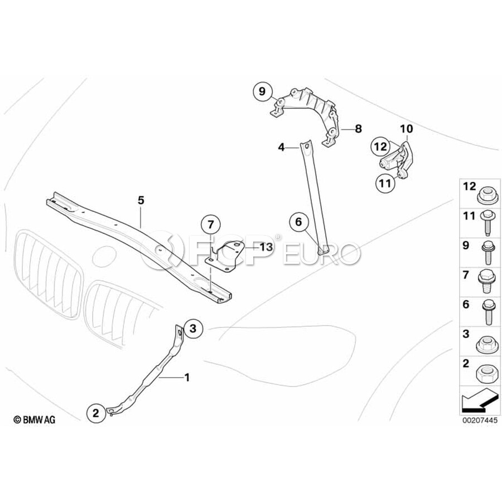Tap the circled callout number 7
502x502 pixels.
210,225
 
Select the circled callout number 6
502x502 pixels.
298,222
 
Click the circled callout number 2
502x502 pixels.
95,413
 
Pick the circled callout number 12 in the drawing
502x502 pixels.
381,147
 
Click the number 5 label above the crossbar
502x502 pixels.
141,199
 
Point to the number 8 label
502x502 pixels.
358,129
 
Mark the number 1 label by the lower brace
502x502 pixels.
187,378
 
